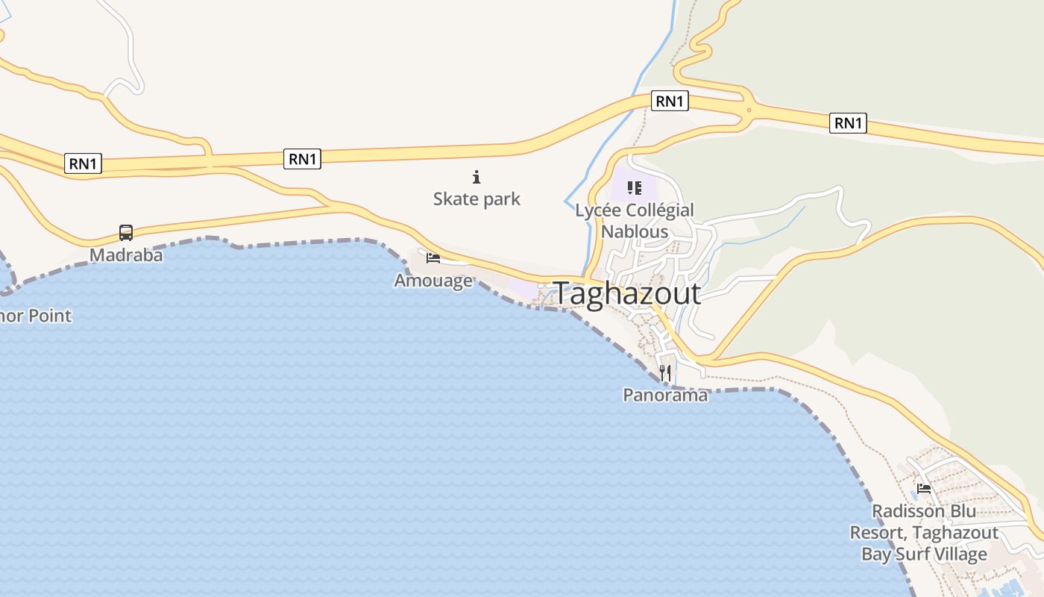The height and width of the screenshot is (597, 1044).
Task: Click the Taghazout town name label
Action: coord(626,294)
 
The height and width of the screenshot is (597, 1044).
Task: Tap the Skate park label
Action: coord(477,199)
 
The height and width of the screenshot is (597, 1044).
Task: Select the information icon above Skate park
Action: coord(477,177)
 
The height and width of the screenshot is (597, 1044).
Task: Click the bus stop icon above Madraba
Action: coord(126,233)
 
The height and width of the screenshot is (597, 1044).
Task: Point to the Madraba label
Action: coord(126,255)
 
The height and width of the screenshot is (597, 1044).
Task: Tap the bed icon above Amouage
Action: coord(433,258)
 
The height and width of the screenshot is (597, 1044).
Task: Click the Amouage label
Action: coord(433,281)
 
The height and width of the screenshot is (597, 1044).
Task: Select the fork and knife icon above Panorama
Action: coord(665,372)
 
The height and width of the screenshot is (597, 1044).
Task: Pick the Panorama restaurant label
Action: coord(665,395)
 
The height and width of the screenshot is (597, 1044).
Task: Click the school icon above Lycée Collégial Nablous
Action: coord(634,187)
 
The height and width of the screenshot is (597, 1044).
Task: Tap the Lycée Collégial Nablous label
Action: coord(635,220)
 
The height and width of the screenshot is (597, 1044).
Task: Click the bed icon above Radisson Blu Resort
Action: coord(924,490)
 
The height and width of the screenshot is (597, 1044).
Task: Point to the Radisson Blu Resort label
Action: coord(924,533)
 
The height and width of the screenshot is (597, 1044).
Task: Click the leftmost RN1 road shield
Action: coord(83,163)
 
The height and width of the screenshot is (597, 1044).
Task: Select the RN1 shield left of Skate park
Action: coord(302,158)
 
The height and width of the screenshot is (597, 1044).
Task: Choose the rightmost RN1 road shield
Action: coord(848,122)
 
